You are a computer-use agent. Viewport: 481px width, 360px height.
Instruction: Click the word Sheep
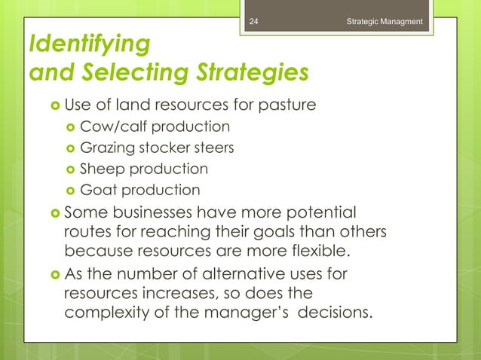[104, 169]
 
